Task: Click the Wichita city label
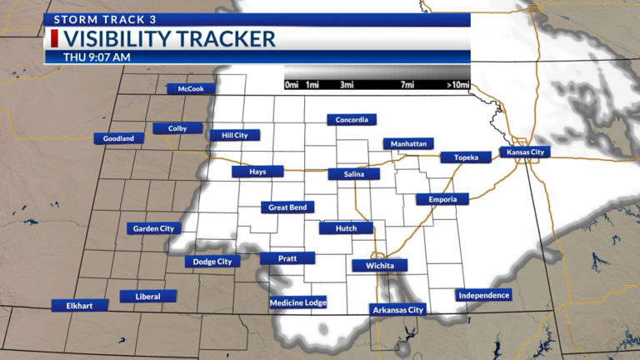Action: (380, 266)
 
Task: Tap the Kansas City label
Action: (526, 152)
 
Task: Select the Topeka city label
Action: (466, 157)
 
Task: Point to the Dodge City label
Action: (212, 262)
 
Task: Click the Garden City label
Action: (154, 228)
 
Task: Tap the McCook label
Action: (191, 89)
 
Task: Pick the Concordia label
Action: (352, 120)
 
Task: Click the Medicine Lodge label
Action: (298, 302)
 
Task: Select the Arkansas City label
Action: (397, 310)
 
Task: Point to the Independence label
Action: (483, 295)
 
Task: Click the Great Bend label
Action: (287, 207)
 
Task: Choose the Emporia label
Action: (442, 199)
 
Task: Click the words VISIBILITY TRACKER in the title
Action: (169, 39)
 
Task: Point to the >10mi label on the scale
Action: (458, 85)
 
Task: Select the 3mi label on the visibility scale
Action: (347, 85)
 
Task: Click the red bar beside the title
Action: (55, 38)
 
